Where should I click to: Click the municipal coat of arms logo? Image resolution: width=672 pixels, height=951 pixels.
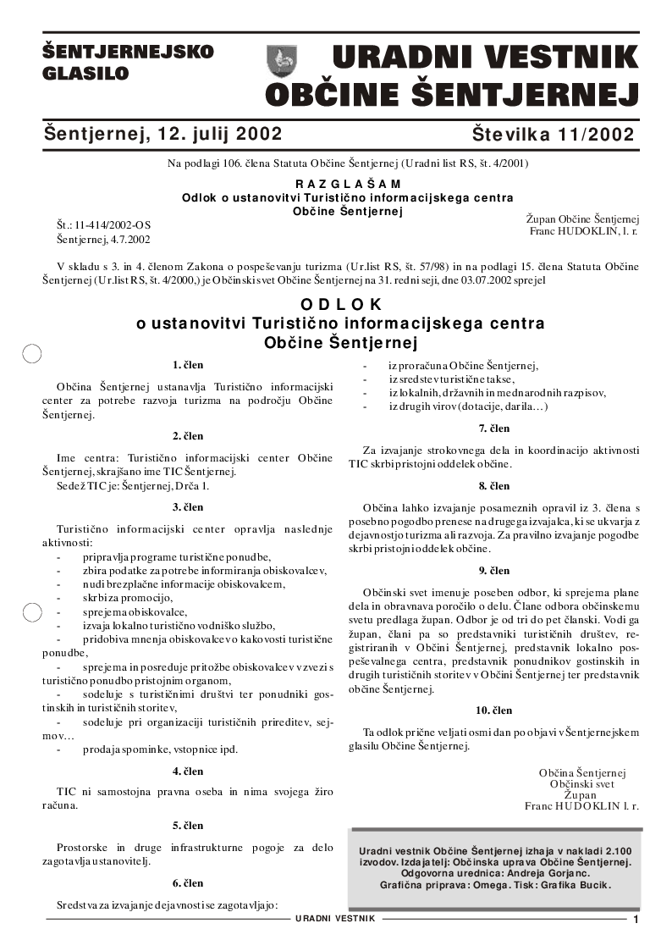(x=282, y=60)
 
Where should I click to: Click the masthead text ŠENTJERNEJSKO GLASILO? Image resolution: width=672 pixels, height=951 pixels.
(x=128, y=63)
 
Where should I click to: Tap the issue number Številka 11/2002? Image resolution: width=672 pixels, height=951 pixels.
(x=554, y=135)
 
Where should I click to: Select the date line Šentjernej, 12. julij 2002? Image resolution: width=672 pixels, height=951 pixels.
(x=162, y=134)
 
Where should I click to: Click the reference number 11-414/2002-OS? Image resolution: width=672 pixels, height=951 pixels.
(x=113, y=225)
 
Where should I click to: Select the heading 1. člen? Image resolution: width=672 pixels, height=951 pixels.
(x=188, y=365)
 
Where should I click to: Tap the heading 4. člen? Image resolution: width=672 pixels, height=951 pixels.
(x=188, y=771)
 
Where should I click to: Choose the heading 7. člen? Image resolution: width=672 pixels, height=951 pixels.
(x=494, y=429)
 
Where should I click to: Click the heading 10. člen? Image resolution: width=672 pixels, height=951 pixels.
(x=494, y=710)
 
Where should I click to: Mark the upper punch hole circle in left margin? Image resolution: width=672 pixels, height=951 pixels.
(x=32, y=354)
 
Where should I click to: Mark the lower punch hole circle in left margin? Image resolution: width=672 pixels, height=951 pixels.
(x=32, y=611)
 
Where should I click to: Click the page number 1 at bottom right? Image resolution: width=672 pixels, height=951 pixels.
(x=636, y=920)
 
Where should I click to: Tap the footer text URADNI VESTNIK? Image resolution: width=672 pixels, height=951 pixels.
(x=336, y=919)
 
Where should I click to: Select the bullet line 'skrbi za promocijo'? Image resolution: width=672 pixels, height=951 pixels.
(x=127, y=597)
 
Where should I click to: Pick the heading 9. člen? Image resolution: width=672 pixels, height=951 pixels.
(x=494, y=571)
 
